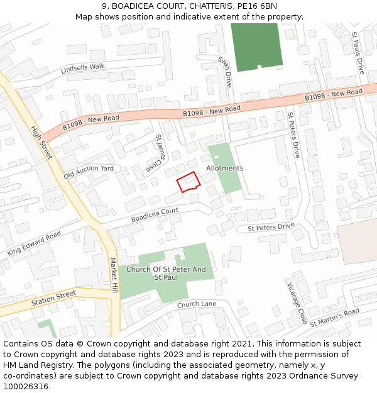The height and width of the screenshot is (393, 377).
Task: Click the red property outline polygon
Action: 188,182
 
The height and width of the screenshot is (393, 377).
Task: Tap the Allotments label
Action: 224,169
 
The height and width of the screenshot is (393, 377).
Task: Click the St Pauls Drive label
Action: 358,53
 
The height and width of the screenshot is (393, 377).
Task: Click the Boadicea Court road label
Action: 155,215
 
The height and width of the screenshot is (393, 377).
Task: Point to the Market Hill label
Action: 114,275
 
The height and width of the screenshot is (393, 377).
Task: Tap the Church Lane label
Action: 196,305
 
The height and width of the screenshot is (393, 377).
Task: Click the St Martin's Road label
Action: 334,317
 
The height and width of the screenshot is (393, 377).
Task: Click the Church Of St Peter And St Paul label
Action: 166,274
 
